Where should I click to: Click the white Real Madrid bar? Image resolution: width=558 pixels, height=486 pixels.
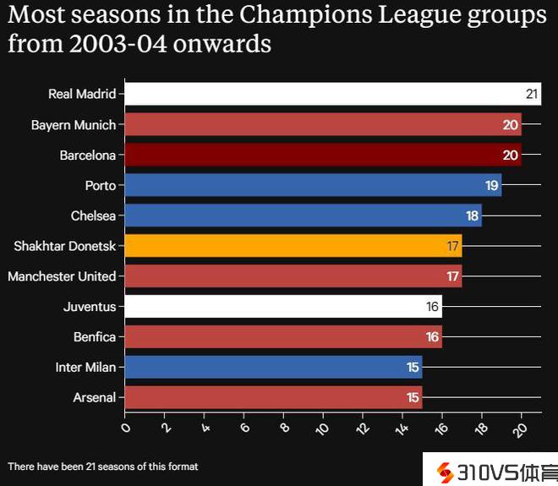click(330, 94)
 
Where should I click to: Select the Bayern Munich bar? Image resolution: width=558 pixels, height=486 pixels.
click(321, 124)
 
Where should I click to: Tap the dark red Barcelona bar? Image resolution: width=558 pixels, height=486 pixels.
click(321, 155)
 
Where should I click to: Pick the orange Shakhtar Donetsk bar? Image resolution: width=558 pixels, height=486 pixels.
click(292, 246)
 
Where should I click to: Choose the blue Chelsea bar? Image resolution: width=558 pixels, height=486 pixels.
click(302, 216)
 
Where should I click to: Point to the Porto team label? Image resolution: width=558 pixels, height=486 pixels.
click(101, 185)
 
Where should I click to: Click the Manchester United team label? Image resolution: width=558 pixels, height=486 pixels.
click(62, 276)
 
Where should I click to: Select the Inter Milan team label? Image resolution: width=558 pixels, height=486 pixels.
click(85, 367)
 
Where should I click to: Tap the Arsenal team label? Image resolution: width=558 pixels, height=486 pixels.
click(94, 397)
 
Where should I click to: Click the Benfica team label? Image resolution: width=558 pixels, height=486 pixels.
click(95, 336)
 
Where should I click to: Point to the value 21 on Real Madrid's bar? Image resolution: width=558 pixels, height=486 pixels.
click(532, 94)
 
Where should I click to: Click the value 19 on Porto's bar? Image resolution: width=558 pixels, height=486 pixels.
click(492, 185)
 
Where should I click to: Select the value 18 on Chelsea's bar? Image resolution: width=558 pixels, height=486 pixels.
click(472, 216)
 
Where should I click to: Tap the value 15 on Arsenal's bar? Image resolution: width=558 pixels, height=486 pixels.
click(413, 397)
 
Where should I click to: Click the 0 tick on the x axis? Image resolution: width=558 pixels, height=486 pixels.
click(126, 429)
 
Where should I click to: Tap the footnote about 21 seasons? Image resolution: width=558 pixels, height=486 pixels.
click(102, 466)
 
